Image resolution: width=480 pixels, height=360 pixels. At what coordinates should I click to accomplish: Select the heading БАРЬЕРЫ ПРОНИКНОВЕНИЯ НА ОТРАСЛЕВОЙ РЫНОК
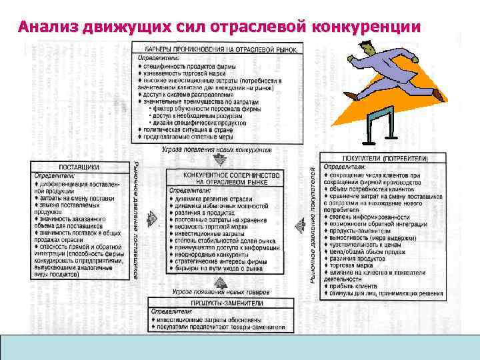pos(223,49)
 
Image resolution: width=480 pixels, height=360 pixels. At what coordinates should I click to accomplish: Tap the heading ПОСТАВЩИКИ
pos(80,166)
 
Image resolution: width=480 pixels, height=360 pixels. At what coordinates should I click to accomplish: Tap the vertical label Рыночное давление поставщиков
pos(136,220)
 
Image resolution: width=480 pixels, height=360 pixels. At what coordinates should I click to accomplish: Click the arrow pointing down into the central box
pos(221,160)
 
